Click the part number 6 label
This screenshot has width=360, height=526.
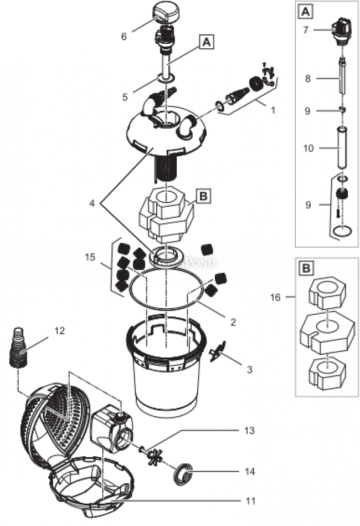(124, 37)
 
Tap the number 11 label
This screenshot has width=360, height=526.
(250, 501)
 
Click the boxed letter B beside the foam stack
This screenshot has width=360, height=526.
(203, 196)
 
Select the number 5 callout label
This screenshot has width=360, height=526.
(126, 97)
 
